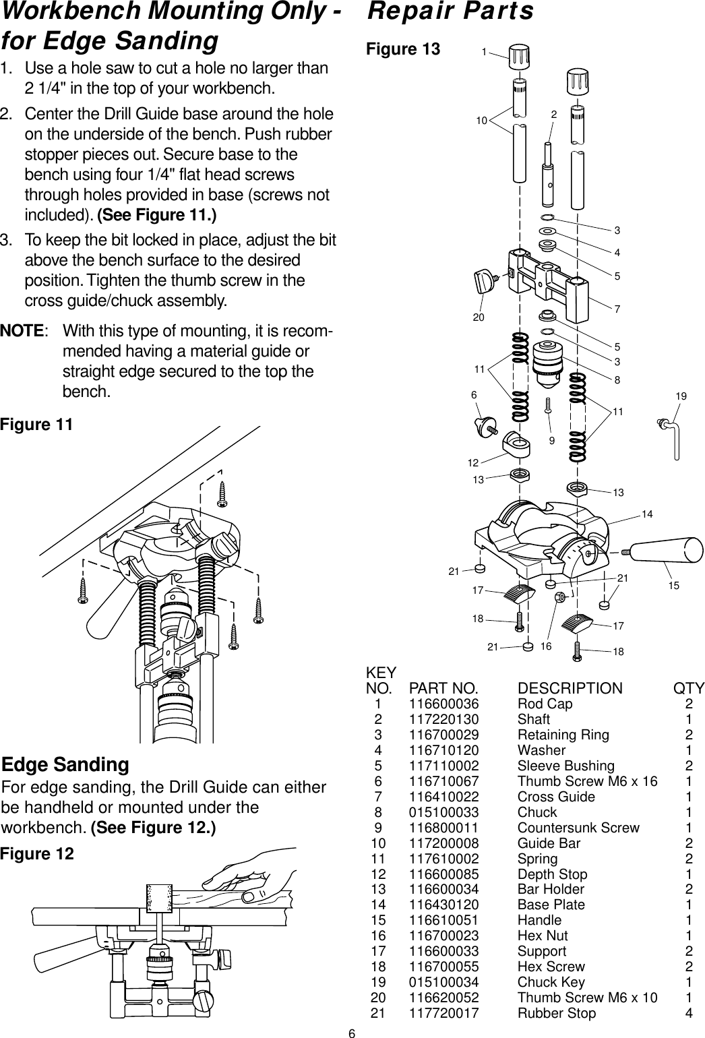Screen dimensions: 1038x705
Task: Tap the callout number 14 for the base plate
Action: pyautogui.click(x=647, y=514)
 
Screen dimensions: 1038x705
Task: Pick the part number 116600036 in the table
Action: pyautogui.click(x=443, y=704)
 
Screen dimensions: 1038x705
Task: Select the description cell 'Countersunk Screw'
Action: pyautogui.click(x=578, y=828)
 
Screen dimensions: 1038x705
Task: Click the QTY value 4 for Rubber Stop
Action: pyautogui.click(x=688, y=1013)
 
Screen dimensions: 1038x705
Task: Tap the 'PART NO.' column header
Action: pyautogui.click(x=443, y=689)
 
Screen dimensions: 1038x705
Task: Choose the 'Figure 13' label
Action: pyautogui.click(x=402, y=49)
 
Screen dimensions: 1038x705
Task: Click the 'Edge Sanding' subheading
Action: pyautogui.click(x=66, y=765)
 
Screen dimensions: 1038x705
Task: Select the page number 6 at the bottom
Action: pyautogui.click(x=352, y=1032)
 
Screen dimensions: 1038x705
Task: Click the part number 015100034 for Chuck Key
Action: pyautogui.click(x=443, y=982)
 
